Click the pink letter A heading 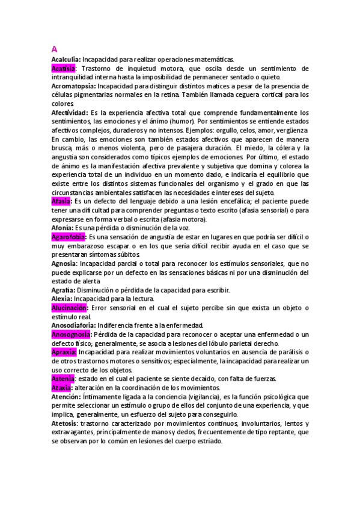(55, 49)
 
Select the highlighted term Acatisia (64, 69)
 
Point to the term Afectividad (69, 112)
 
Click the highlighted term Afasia (62, 201)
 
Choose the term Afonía (62, 228)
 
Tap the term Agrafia (63, 290)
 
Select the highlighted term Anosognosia (72, 334)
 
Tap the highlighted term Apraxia (64, 352)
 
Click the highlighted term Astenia (63, 378)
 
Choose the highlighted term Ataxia (62, 387)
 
